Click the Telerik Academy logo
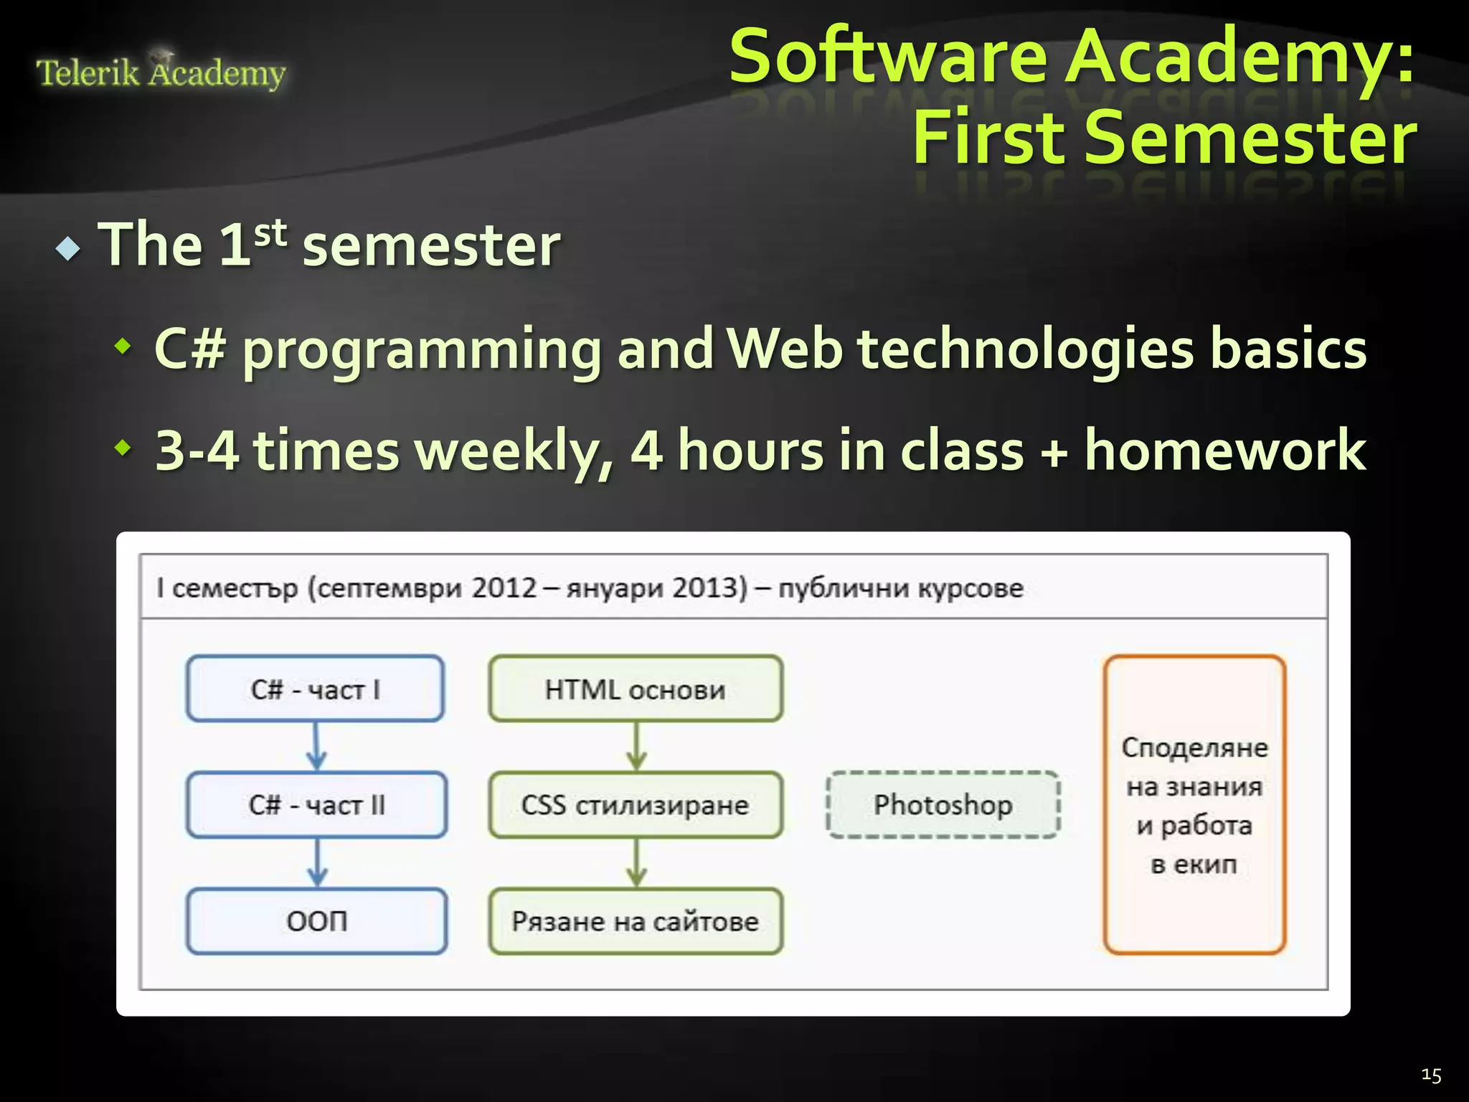coord(161,72)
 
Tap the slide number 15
coord(1430,1075)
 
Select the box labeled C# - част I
coord(316,689)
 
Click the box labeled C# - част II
coord(316,805)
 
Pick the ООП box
coord(316,921)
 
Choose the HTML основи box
coord(636,689)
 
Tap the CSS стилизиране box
coord(636,805)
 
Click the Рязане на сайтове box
coord(636,921)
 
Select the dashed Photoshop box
coord(943,805)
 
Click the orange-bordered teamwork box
coord(1194,805)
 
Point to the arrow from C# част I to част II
coord(316,747)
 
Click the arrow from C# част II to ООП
coord(317,863)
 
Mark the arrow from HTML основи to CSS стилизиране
coord(636,747)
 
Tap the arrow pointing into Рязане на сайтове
coord(636,863)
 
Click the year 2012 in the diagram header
coord(504,588)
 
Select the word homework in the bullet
coord(1224,451)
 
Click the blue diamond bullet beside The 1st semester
coord(68,248)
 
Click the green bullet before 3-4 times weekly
coord(123,449)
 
